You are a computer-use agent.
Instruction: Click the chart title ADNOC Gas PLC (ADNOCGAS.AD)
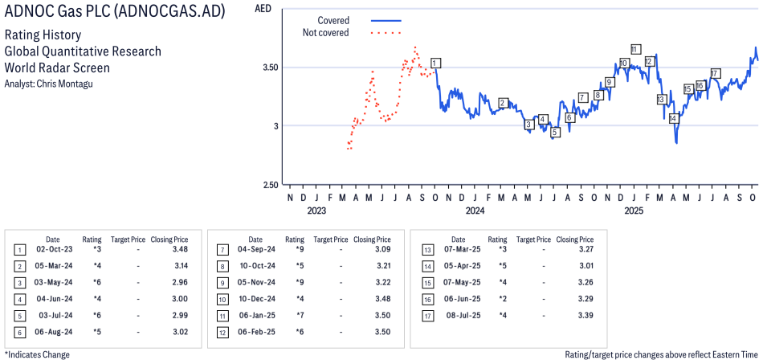(115, 13)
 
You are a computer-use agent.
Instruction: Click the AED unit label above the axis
(262, 9)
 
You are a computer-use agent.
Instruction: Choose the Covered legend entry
(333, 20)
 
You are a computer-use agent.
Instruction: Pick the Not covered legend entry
(325, 33)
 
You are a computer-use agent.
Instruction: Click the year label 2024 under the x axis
(475, 211)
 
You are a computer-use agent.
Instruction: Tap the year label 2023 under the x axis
(316, 211)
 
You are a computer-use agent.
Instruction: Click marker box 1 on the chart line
(434, 63)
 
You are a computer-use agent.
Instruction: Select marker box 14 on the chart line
(674, 118)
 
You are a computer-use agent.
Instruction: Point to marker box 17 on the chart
(715, 73)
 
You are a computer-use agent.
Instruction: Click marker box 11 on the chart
(634, 49)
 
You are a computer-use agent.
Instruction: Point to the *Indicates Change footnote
(37, 354)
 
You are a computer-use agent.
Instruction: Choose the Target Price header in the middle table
(330, 239)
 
